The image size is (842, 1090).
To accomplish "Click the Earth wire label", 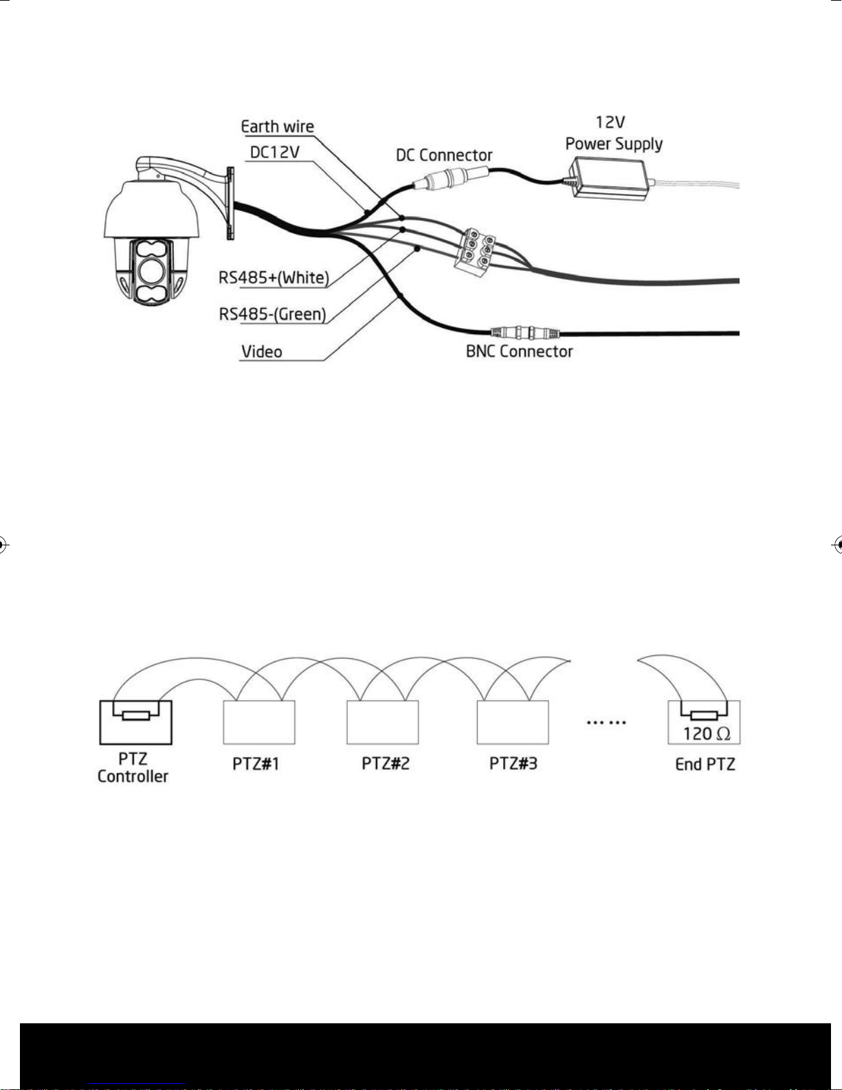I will (277, 127).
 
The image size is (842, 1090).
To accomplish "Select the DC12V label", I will (274, 152).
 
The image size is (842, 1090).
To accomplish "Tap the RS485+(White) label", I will (274, 278).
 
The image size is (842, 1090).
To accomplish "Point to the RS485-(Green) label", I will (272, 314).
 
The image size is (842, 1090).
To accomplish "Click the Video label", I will (261, 352).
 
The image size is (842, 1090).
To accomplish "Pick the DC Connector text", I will (444, 155).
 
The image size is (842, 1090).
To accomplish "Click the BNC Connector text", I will (519, 351).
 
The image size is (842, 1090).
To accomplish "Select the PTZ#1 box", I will (258, 722).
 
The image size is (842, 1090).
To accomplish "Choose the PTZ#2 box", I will (383, 722).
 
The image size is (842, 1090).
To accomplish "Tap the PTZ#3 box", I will (513, 722).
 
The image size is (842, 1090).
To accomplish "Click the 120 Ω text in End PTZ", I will (707, 734).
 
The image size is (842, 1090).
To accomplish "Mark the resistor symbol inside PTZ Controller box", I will (135, 715).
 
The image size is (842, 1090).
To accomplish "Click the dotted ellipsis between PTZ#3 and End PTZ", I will (607, 723).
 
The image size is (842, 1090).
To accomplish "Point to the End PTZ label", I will (705, 765).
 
